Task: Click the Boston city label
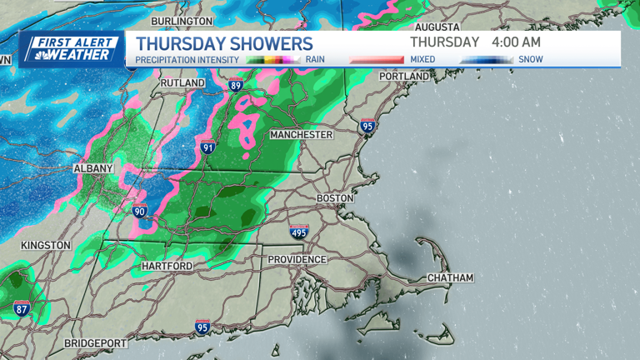click(335, 198)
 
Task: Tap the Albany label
click(92, 168)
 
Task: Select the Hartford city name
click(167, 266)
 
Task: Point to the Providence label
click(297, 260)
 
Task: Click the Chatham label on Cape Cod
click(450, 277)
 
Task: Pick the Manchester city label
click(301, 134)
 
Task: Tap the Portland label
click(403, 76)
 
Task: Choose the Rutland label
click(182, 83)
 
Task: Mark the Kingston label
click(46, 245)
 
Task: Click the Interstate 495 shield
click(299, 232)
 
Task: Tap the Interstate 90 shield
click(140, 212)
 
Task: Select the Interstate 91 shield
click(208, 147)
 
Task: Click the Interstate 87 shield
click(22, 308)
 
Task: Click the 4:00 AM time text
click(517, 42)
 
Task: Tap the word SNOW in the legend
click(531, 60)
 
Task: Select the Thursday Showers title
click(224, 43)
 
